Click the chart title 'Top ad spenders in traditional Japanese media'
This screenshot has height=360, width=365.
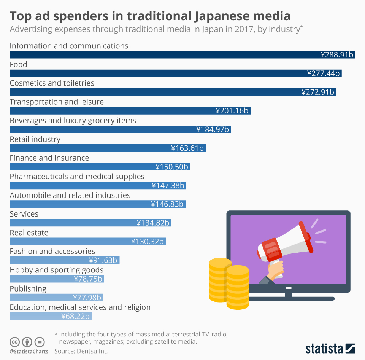point(150,16)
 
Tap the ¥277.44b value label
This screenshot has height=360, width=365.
point(323,73)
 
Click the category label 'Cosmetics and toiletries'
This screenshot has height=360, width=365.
point(52,83)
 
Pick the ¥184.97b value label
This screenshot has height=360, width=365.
point(213,129)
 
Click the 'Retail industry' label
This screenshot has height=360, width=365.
point(35,139)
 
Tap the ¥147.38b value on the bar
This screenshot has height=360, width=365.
point(168,185)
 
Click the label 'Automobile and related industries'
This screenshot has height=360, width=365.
point(70,195)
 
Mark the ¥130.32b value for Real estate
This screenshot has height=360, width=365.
point(147,241)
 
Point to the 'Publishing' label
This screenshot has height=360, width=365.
point(28,288)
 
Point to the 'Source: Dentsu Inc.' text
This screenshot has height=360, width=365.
point(81,351)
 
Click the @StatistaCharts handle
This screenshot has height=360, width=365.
point(29,351)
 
